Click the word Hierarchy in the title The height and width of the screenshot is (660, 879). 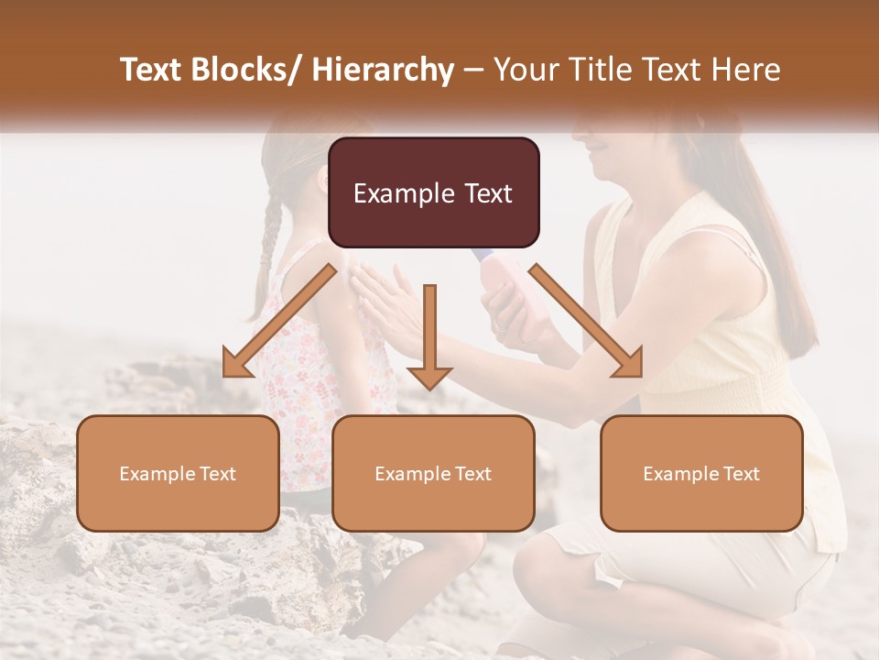(383, 71)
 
